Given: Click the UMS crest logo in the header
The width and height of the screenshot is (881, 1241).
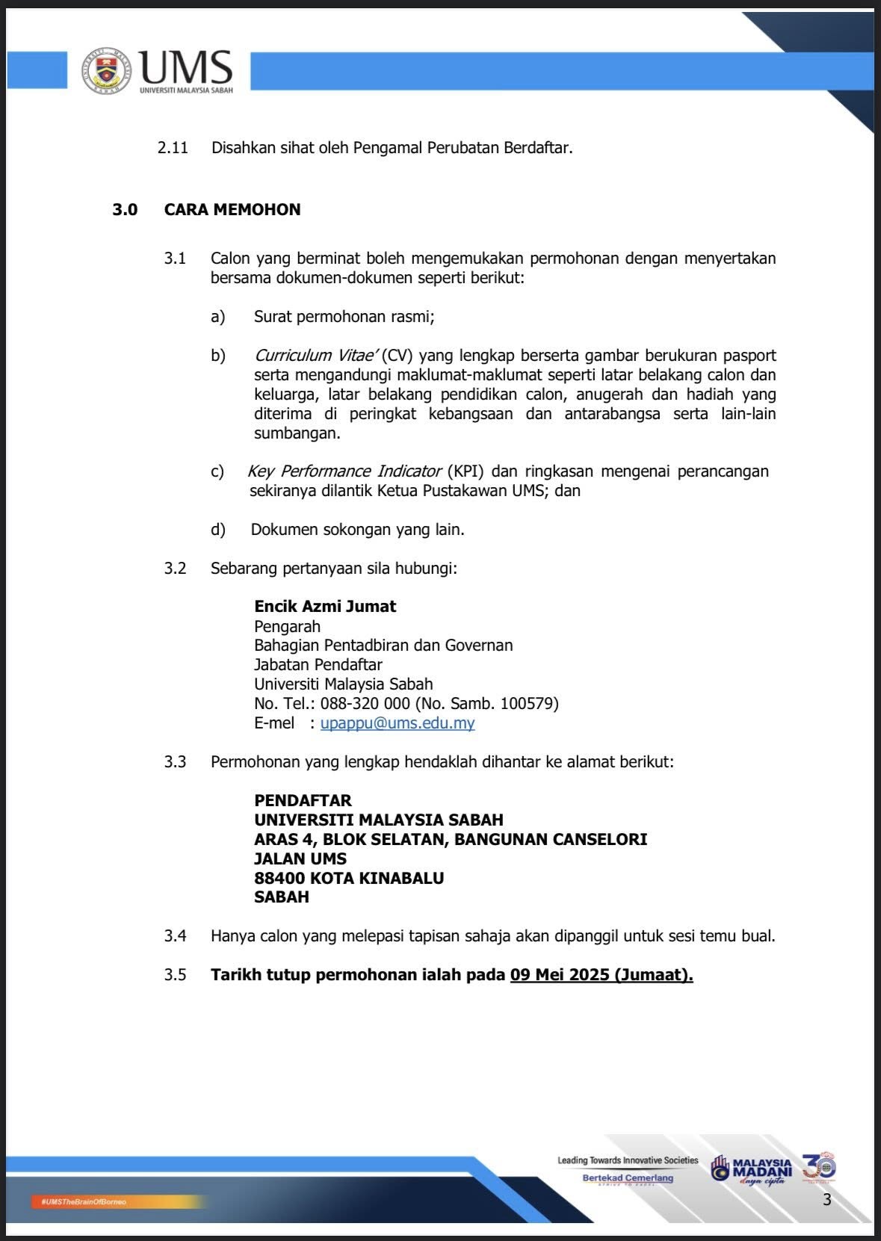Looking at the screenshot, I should (106, 71).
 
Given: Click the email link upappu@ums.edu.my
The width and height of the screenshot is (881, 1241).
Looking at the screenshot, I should (397, 723).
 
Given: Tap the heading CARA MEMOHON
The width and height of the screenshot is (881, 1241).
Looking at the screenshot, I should (232, 210).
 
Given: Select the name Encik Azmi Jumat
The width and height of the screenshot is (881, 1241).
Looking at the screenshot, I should (325, 607).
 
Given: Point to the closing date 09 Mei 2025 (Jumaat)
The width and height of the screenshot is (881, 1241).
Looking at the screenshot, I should (602, 975).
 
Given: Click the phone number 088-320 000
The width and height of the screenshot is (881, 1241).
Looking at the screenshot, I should (365, 704).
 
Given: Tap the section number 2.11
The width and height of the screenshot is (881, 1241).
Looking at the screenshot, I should (173, 148).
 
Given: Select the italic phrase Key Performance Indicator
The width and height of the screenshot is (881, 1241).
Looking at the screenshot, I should (344, 471).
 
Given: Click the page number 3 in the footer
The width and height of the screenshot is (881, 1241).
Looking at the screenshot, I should (826, 1200).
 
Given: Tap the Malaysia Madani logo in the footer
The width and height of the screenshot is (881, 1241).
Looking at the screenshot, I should (752, 1169).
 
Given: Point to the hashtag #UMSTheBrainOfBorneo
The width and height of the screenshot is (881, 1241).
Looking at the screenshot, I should (84, 1201).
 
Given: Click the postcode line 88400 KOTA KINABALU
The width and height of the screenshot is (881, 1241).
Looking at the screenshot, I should (349, 879).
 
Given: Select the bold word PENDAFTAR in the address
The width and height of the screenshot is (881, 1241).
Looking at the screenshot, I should (303, 801).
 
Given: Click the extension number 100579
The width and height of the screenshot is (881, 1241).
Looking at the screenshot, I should (527, 704).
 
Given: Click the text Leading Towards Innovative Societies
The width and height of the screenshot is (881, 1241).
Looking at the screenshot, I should (628, 1160).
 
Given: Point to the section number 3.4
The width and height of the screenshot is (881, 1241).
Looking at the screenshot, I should (175, 936).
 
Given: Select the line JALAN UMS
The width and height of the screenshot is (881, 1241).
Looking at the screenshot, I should (300, 859).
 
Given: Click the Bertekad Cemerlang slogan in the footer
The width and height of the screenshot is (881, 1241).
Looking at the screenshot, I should (628, 1178).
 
